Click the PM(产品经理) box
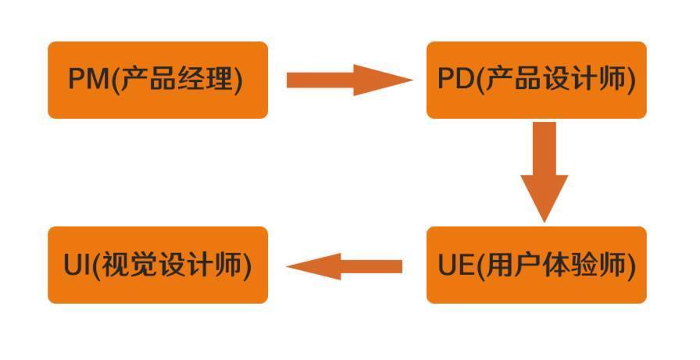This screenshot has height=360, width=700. (158, 80)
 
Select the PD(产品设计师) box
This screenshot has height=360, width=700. (536, 80)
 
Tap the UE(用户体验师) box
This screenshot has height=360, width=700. (536, 265)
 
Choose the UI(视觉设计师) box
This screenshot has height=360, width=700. (158, 265)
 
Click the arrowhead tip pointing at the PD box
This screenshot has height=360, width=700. (408, 80)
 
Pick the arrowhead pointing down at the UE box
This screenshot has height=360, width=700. (544, 216)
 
